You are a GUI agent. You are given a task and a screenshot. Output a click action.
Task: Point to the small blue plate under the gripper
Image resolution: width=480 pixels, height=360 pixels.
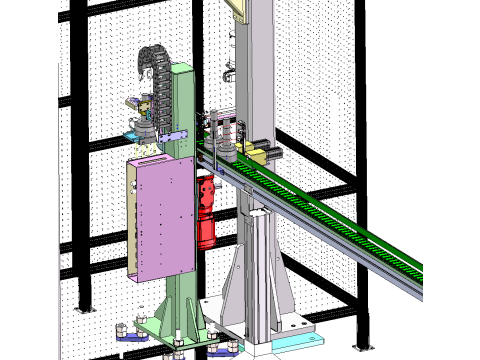pos(133,134)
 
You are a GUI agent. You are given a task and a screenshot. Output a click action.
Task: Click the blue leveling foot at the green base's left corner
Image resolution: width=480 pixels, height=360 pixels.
pos(124,330)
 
